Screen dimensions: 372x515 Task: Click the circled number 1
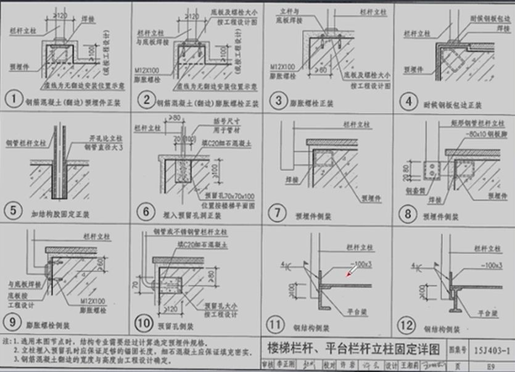pos(12,99)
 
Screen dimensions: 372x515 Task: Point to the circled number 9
pos(12,321)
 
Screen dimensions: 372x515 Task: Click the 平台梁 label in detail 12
pos(490,314)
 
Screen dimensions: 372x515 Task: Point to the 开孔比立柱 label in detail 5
pos(91,139)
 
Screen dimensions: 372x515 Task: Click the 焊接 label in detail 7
pos(278,180)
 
